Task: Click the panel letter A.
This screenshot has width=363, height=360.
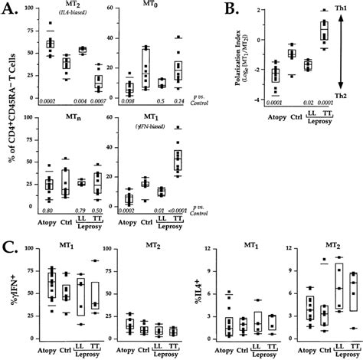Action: click(10, 13)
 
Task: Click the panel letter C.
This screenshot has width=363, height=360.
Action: click(10, 247)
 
